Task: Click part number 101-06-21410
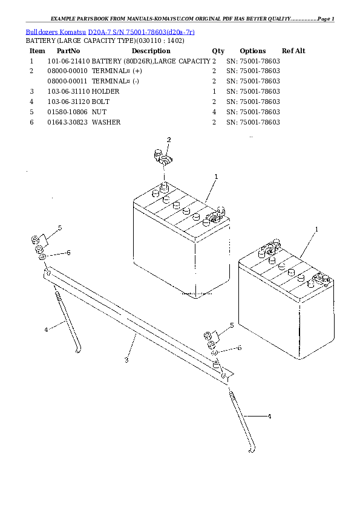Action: click(68, 61)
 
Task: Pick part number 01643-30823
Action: click(68, 122)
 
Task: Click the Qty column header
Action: click(218, 51)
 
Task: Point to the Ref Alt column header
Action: click(293, 51)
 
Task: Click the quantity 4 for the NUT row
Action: click(214, 112)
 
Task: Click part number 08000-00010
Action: click(68, 71)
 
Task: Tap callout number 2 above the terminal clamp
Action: click(169, 140)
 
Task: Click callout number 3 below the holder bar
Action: click(126, 360)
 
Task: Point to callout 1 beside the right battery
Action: click(316, 229)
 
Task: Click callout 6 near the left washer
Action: click(68, 252)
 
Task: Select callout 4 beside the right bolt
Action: click(269, 417)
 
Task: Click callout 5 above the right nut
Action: click(231, 326)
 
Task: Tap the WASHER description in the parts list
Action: click(106, 122)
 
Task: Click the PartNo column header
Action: click(68, 51)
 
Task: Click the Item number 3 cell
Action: click(31, 91)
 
